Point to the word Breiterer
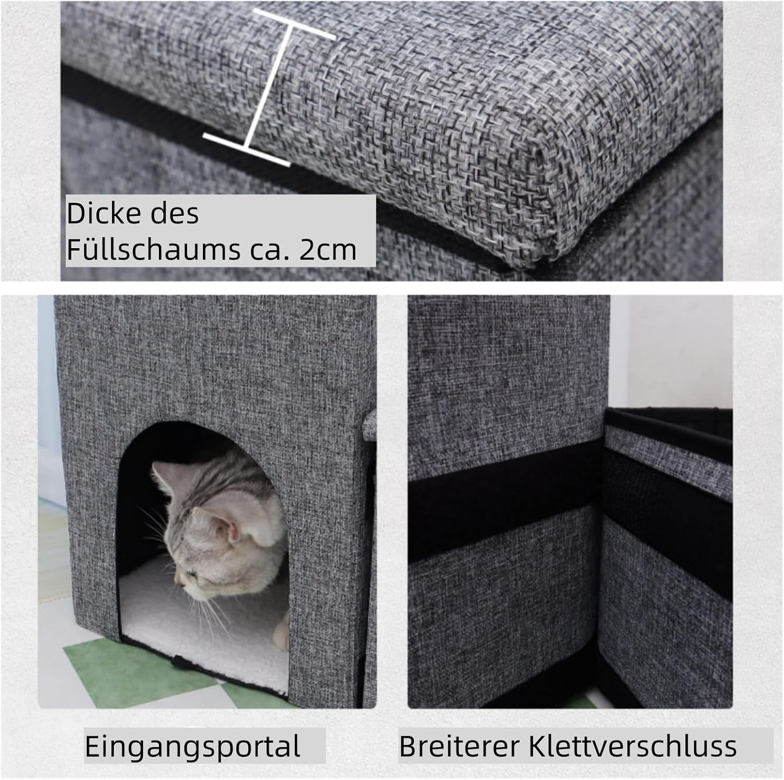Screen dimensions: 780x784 460,747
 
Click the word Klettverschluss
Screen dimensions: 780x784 632,747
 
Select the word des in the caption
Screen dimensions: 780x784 178,214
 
